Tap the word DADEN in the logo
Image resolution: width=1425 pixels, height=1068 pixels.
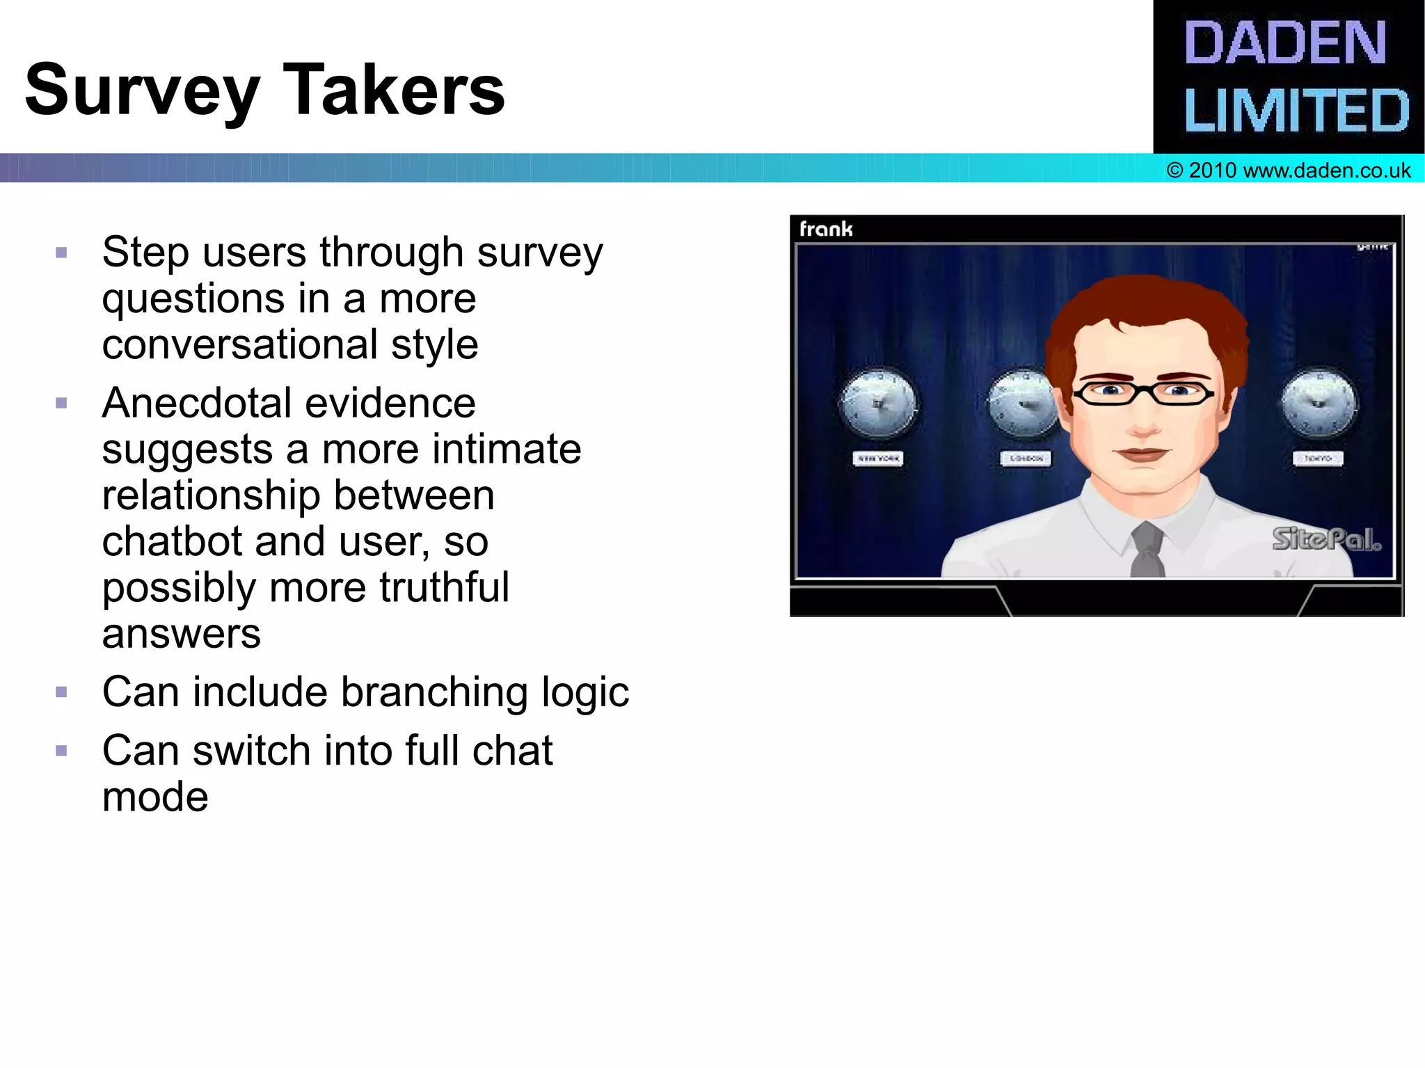pyautogui.click(x=1284, y=43)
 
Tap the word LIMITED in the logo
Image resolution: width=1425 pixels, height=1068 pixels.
pyautogui.click(x=1296, y=110)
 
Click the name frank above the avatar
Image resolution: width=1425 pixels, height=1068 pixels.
pyautogui.click(x=825, y=229)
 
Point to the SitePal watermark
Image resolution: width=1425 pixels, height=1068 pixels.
pyautogui.click(x=1326, y=539)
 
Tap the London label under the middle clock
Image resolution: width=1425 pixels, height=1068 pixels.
pyautogui.click(x=1026, y=459)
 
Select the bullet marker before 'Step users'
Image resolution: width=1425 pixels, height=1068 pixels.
pyautogui.click(x=61, y=253)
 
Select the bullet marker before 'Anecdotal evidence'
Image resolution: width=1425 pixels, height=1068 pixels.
pyautogui.click(x=61, y=404)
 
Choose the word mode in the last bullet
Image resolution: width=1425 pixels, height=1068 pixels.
pyautogui.click(x=154, y=797)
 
